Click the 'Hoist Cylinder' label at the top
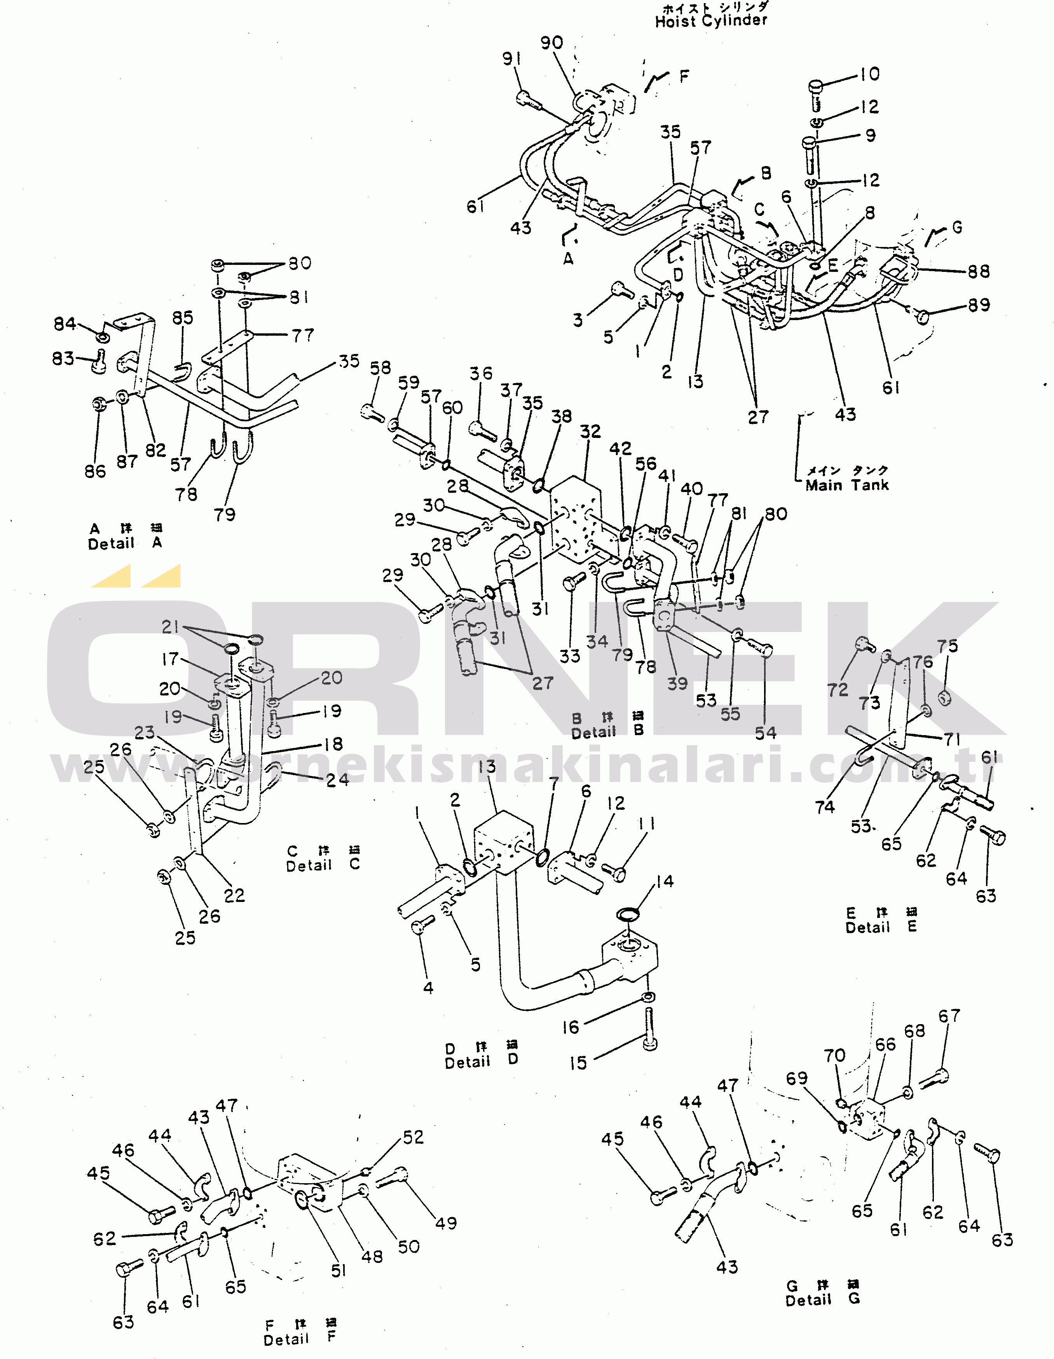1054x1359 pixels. point(711,21)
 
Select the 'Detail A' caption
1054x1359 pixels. point(124,543)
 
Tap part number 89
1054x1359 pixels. point(979,305)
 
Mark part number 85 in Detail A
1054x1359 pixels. point(182,318)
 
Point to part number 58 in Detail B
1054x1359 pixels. point(380,368)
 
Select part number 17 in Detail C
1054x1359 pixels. point(170,658)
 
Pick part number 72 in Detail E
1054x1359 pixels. point(837,690)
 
